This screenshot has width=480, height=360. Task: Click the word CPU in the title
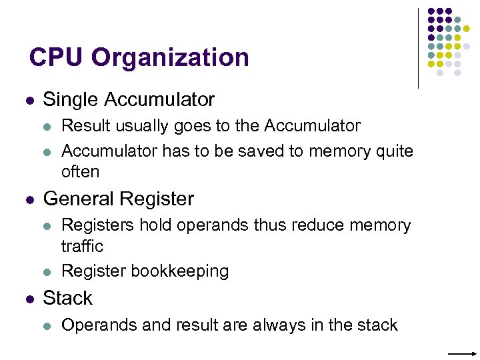(57, 58)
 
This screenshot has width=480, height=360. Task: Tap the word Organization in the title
(170, 59)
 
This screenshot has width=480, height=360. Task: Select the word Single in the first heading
(69, 100)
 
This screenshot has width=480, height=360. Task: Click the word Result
(84, 125)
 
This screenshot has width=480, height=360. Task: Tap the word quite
(393, 152)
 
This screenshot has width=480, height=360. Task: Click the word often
(80, 171)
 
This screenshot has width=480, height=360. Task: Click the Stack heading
(67, 298)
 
